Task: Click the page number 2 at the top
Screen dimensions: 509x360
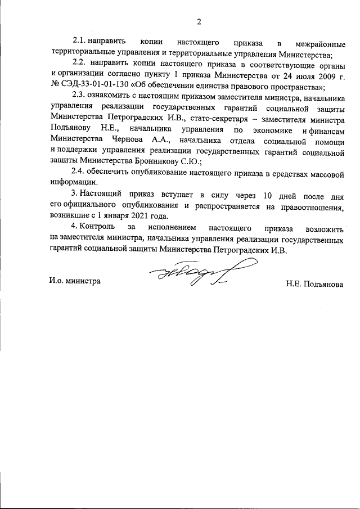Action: (x=199, y=22)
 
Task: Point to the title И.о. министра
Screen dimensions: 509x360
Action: (x=74, y=280)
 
